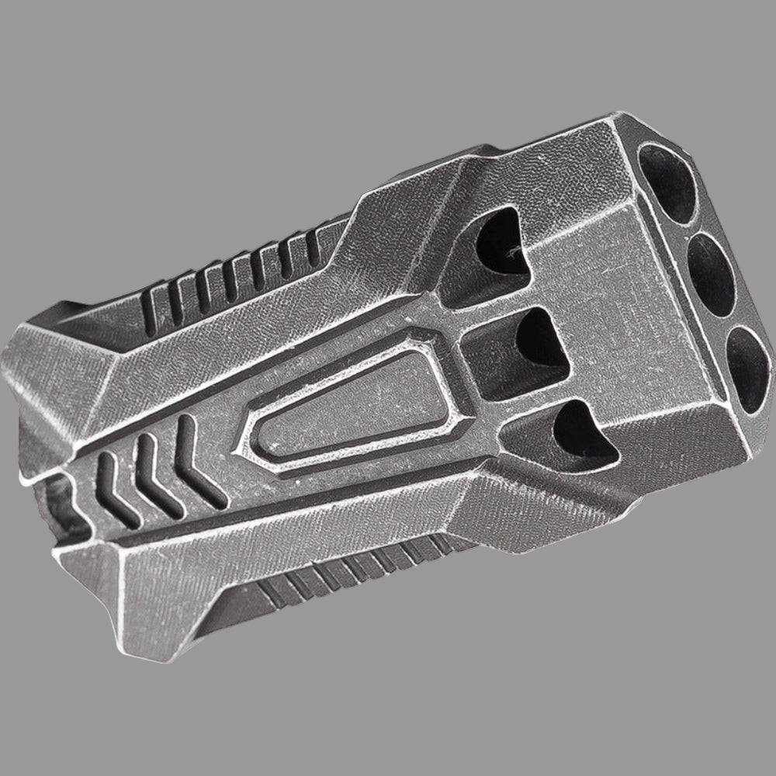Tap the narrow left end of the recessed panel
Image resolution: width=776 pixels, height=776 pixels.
pyautogui.click(x=260, y=438)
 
